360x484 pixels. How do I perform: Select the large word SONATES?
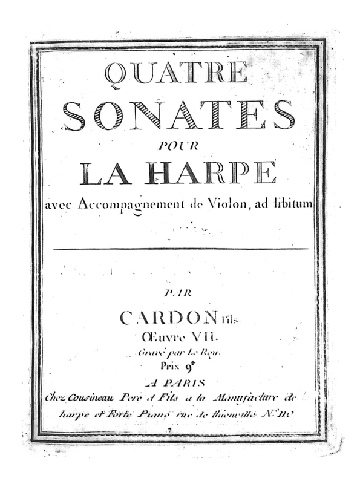pos(179,115)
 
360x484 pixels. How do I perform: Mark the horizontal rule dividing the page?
pos(181,249)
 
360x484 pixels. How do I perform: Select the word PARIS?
pos(186,382)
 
